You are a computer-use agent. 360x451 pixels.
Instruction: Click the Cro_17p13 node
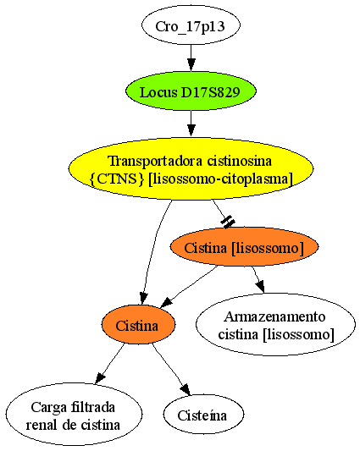[x=191, y=25]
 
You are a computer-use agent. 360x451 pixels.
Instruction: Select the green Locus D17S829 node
[x=191, y=91]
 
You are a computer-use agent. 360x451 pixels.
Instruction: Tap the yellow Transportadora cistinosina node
[x=191, y=169]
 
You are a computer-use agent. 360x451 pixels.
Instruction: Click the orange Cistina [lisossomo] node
[x=244, y=247]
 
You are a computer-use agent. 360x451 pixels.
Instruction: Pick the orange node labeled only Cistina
[x=138, y=325]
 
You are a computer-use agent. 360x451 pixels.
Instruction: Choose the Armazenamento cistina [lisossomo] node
[x=275, y=325]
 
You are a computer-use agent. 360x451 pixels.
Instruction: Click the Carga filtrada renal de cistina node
[x=74, y=414]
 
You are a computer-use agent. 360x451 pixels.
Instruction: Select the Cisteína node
[x=203, y=414]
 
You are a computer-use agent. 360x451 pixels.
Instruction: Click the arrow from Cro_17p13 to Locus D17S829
[x=191, y=58]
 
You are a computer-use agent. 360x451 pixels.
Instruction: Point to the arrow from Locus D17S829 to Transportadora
[x=191, y=124]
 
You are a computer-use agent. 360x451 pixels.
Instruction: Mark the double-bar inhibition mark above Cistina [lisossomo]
[x=228, y=222]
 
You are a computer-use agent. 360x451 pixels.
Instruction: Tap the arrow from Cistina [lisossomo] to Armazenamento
[x=258, y=279]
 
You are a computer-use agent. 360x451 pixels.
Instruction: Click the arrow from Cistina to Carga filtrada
[x=110, y=363]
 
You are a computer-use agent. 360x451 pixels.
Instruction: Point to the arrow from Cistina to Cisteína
[x=173, y=368]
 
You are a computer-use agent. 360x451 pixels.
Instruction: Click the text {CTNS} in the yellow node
[x=117, y=179]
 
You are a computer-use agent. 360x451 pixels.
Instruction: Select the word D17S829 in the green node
[x=211, y=92]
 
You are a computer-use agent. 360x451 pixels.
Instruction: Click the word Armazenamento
[x=274, y=316]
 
